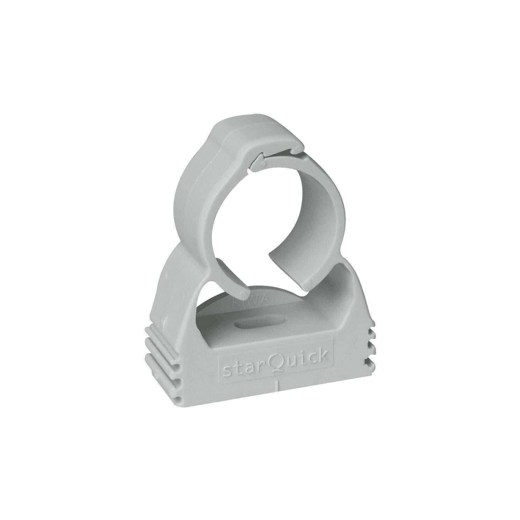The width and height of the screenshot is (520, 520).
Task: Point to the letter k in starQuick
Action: click(322, 356)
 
